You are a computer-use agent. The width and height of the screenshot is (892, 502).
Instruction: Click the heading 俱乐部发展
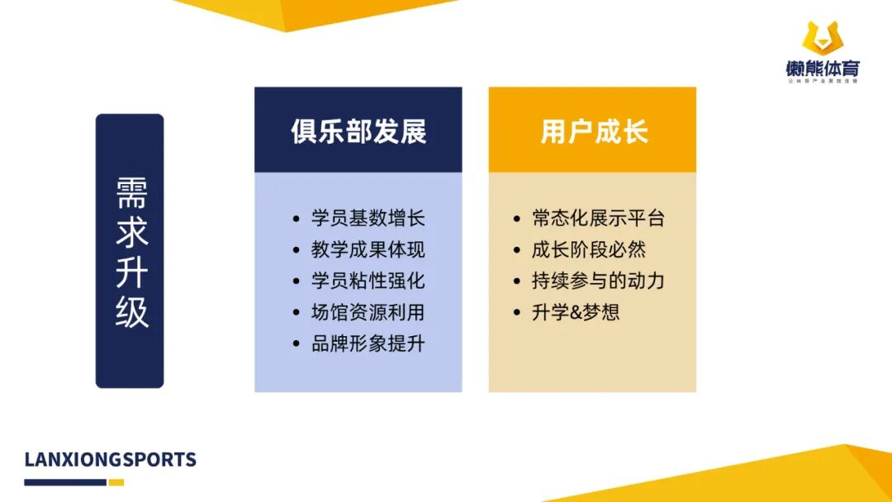coord(358,131)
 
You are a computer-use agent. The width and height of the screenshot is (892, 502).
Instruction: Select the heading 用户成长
coord(594,131)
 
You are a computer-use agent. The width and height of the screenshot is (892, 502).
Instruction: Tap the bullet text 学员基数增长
coord(368,219)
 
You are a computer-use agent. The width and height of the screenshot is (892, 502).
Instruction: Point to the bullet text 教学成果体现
coord(368,250)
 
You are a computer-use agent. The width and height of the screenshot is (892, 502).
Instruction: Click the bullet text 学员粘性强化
coord(368,281)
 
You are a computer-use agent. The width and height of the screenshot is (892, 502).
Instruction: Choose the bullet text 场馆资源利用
coord(368,312)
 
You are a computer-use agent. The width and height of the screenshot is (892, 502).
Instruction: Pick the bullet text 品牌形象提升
coord(368,343)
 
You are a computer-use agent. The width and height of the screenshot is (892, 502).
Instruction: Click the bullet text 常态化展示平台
coord(598,219)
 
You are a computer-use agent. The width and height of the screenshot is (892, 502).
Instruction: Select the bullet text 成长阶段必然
coord(589,250)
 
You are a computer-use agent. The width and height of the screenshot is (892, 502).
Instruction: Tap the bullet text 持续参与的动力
coord(598,281)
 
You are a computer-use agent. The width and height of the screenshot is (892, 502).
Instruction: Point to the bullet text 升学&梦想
coord(576,312)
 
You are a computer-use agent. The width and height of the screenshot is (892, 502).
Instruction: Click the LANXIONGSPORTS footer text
coord(111,460)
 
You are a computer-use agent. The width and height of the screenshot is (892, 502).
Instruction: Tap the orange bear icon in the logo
coord(822,38)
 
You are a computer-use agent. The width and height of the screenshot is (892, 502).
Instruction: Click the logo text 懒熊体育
coord(823,69)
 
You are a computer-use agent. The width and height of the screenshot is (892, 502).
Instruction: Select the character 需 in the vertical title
coord(131,194)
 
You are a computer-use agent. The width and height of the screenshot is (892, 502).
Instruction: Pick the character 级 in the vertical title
coord(131,313)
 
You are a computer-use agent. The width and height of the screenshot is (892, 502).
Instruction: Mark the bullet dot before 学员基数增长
coord(297,220)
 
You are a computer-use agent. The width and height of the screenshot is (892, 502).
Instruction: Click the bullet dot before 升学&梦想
coord(518,313)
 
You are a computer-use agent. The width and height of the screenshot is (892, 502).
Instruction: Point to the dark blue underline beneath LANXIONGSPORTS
coord(65,482)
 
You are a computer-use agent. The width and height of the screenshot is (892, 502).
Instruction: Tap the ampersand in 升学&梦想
coord(576,313)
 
